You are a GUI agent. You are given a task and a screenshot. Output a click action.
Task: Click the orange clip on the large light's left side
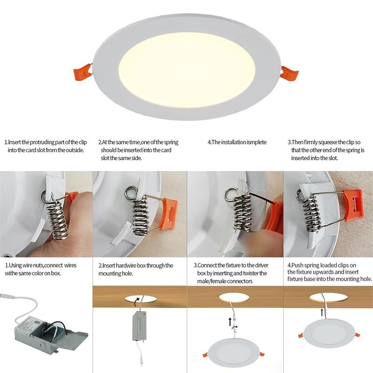(82, 74)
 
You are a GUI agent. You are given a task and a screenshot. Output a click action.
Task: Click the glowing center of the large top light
(186, 63)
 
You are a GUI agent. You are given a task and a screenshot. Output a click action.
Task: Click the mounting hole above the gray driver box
(140, 298)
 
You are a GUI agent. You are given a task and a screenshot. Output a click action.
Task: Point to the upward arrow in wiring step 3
(229, 322)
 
